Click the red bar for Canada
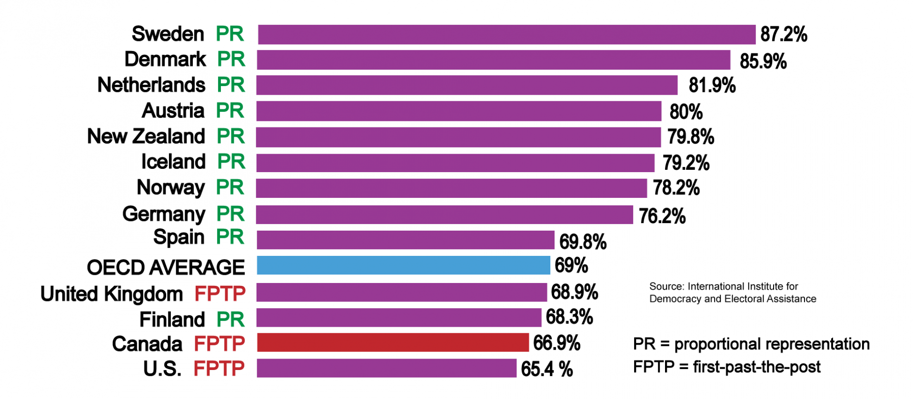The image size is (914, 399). coord(393,342)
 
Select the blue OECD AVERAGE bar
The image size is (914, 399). coord(403,265)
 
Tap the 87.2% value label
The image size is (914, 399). coord(784,35)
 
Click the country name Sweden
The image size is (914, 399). coord(168,34)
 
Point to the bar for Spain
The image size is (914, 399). coord(406,240)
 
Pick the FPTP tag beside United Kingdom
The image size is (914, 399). coord(220,294)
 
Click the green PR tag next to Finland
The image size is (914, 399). coord(230,320)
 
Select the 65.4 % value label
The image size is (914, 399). coord(546,369)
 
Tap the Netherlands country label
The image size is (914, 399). coord(151,85)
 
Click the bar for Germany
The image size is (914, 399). coord(445,215)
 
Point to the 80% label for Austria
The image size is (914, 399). coord(685,112)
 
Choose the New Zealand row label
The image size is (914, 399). coord(146,136)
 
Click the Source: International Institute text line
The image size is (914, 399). coord(723,287)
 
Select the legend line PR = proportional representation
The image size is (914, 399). coord(751,344)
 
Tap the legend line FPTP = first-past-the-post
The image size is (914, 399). coord(726,367)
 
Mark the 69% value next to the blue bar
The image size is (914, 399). coord(571,265)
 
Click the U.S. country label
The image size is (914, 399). coord(162,369)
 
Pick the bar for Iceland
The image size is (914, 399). coord(455,163)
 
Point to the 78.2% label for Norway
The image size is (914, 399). coord(676,188)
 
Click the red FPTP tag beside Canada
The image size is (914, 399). coord(219,344)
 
